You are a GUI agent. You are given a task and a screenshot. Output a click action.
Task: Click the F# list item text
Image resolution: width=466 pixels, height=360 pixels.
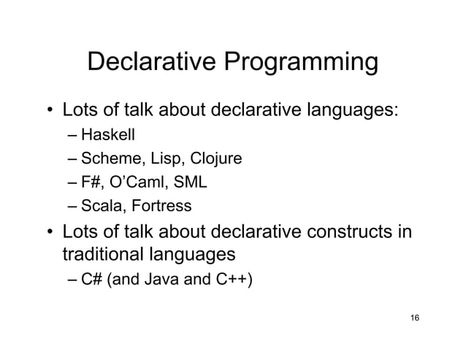pos(91,183)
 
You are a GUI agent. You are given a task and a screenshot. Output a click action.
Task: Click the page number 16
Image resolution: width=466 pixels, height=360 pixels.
pos(415,318)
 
